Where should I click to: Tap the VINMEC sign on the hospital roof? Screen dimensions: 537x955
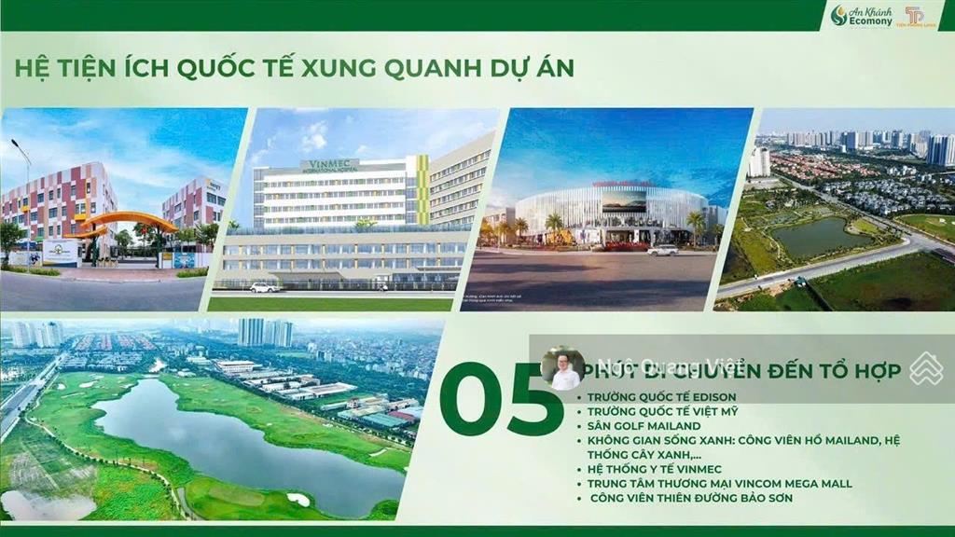pyautogui.click(x=329, y=165)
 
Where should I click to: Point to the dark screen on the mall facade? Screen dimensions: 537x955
pyautogui.click(x=624, y=201)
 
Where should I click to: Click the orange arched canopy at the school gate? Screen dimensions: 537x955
pyautogui.click(x=128, y=221)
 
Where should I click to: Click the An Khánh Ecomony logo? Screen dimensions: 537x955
pyautogui.click(x=861, y=16)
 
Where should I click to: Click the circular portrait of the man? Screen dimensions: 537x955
pyautogui.click(x=562, y=368)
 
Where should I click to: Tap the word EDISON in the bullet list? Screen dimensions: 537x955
pyautogui.click(x=709, y=397)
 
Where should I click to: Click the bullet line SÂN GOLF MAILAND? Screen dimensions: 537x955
pyautogui.click(x=644, y=426)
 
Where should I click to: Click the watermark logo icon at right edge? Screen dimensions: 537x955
pyautogui.click(x=926, y=368)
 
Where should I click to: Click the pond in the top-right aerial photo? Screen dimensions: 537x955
pyautogui.click(x=810, y=238)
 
